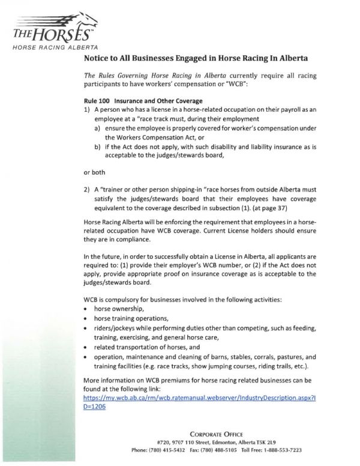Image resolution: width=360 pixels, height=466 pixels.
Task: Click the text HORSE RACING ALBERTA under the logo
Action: click(53, 47)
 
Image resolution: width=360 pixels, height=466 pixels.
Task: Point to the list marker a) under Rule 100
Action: click(97, 129)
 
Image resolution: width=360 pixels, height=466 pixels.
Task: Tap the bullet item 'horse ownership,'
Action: click(120, 308)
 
